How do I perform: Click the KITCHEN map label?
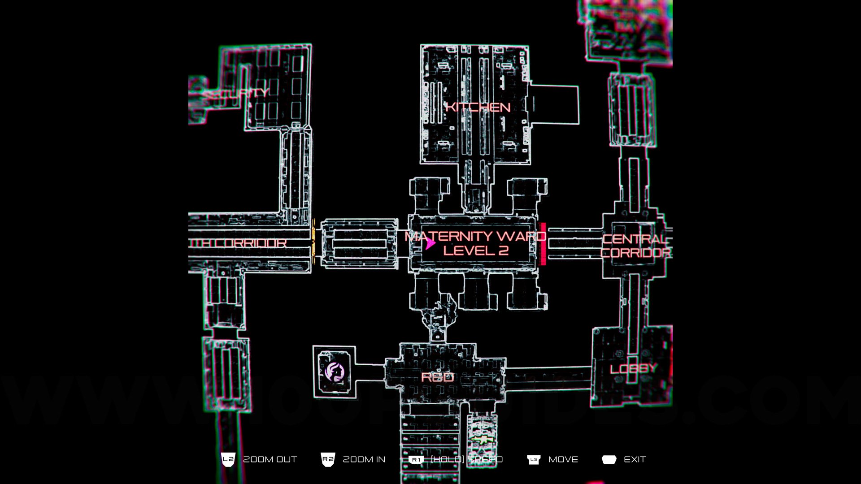point(478,107)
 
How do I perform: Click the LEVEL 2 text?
point(476,251)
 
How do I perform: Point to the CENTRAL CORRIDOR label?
point(635,246)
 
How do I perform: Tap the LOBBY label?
point(634,369)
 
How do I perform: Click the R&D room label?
point(437,377)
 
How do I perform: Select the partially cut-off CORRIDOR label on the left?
point(239,243)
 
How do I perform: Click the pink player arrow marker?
point(430,243)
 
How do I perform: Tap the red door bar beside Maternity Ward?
point(543,244)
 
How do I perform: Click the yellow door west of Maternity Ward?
point(313,242)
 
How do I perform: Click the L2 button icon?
point(228,459)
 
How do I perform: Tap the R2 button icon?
point(328,459)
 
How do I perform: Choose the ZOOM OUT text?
point(270,459)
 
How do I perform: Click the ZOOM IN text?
point(364,459)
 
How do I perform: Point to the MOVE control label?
point(563,459)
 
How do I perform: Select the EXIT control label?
point(635,459)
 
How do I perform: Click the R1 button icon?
point(416,460)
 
